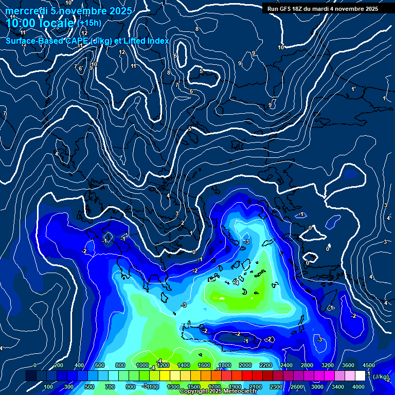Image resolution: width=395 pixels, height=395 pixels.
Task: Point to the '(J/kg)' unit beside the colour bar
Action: pos(380,377)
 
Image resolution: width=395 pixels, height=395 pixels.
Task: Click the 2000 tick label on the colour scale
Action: pos(245,365)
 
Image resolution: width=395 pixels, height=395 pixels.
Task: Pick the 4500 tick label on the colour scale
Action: pos(368,365)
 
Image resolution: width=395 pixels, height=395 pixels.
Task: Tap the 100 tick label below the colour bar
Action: pos(48,387)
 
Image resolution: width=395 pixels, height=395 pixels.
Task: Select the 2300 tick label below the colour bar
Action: pos(276,387)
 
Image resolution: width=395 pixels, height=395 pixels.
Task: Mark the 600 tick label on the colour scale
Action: pos(100,365)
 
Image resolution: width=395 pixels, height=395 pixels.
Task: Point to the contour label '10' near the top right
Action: pos(281,47)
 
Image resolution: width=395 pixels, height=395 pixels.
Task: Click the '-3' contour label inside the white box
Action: pos(246,242)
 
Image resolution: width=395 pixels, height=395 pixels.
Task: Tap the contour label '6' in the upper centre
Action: pos(191,91)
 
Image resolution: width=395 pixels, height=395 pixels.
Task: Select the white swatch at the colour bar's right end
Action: pos(360,376)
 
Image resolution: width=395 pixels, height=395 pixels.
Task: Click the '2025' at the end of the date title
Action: pos(121,11)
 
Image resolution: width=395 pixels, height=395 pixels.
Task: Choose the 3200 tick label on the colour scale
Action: pos(327,365)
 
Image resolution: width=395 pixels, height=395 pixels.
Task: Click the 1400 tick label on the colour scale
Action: pos(183,365)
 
